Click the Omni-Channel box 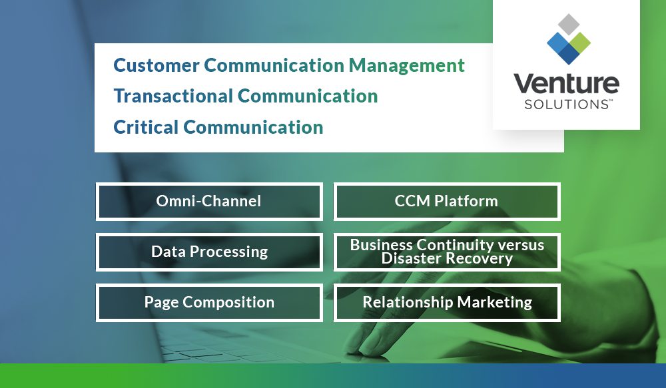pyautogui.click(x=209, y=201)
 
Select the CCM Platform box pyautogui.click(x=446, y=201)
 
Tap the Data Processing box pyautogui.click(x=209, y=252)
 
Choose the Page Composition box pyautogui.click(x=209, y=302)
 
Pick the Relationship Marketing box pyautogui.click(x=446, y=302)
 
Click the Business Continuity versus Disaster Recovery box pyautogui.click(x=446, y=252)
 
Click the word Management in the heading pyautogui.click(x=406, y=65)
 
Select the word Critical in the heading pyautogui.click(x=145, y=127)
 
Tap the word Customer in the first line pyautogui.click(x=157, y=65)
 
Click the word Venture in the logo pyautogui.click(x=565, y=85)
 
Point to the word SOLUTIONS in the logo pyautogui.click(x=562, y=104)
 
